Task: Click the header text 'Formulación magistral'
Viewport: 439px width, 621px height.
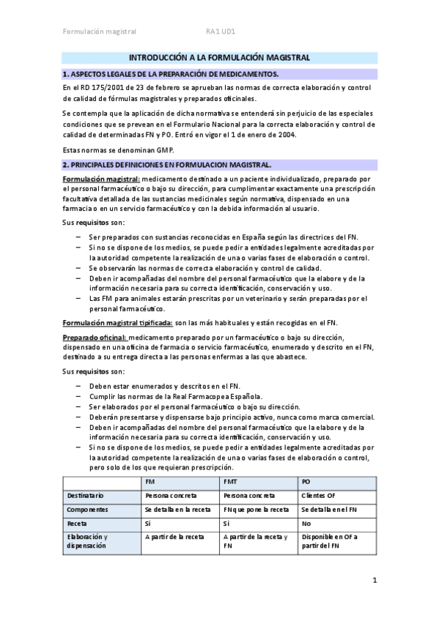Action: (x=99, y=31)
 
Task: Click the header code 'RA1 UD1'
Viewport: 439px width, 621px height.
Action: (x=220, y=31)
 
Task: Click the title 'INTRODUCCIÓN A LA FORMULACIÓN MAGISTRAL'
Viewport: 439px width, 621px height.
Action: (x=219, y=58)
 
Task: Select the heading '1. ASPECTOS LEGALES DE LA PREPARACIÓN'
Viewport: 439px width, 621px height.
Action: (x=171, y=74)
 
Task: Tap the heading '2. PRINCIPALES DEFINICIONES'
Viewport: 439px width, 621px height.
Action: (x=167, y=165)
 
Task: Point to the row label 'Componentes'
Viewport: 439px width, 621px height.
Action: (x=87, y=509)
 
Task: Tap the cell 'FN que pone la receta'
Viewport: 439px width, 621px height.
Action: (x=254, y=509)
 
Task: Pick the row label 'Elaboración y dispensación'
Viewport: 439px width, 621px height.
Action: (x=86, y=542)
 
